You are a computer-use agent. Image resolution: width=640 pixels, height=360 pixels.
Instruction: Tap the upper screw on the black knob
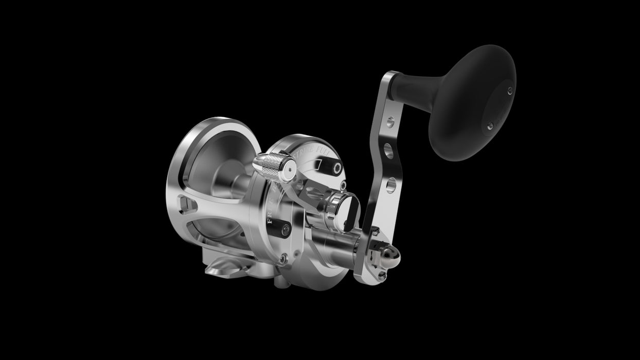coord(510,91)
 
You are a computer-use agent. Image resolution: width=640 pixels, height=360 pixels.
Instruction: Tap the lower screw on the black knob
coord(490,125)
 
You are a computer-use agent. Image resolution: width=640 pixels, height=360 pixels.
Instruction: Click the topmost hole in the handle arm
coord(390,122)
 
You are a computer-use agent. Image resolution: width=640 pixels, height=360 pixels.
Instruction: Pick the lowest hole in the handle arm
coord(390,184)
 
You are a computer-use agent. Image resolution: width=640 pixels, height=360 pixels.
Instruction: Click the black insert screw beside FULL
coord(337,168)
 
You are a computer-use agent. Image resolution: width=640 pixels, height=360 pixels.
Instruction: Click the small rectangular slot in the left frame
coord(186,205)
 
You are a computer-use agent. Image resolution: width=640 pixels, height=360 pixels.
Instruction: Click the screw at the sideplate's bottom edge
coord(281,261)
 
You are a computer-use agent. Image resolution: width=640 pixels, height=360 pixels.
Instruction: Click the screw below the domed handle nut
coord(381,275)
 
